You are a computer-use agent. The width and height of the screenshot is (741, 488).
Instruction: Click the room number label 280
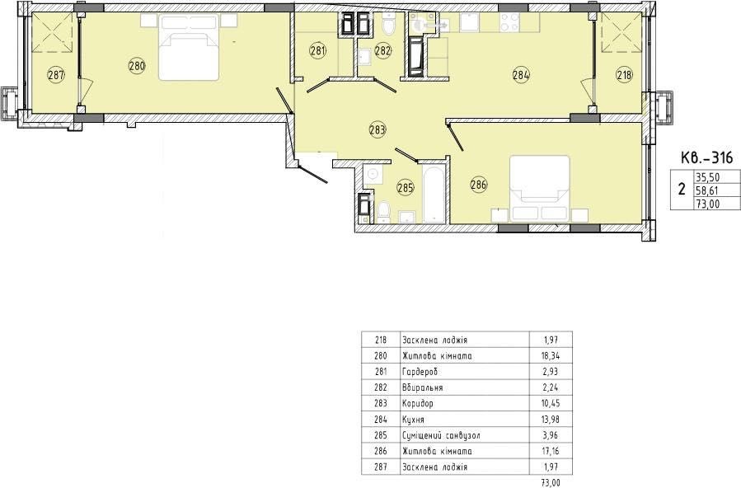coord(137,66)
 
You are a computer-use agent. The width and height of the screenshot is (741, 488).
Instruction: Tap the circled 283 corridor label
coord(378,129)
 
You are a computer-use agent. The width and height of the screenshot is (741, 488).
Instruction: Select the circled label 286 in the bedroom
coord(479,185)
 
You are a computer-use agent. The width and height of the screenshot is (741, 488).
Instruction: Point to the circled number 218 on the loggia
coord(624,74)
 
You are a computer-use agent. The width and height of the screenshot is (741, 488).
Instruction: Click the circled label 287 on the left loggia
coord(56,74)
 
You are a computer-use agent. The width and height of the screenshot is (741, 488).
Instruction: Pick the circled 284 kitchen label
coord(521,74)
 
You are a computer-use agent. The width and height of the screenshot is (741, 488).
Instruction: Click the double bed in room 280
coord(189,46)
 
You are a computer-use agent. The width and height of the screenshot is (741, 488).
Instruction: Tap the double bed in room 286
coord(540,188)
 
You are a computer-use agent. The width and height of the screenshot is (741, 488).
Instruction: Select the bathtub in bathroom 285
coord(434,194)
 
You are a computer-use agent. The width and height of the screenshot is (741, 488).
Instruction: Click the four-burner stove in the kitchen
coord(509,21)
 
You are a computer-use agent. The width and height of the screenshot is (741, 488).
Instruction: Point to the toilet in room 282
coord(388,25)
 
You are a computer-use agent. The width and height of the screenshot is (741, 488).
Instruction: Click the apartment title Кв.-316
coord(706,157)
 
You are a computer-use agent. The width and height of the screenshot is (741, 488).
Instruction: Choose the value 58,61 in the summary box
coord(706,191)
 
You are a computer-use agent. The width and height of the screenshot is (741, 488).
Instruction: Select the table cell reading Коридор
coord(418,403)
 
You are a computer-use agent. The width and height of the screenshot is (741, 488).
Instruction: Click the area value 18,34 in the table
coord(551,356)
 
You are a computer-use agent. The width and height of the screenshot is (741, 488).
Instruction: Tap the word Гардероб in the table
coord(420,372)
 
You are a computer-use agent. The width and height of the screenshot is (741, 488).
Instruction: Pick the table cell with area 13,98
coord(551,419)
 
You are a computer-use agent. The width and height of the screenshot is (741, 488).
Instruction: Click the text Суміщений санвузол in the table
coord(442,435)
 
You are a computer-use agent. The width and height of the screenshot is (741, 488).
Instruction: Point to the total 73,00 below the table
coord(551,483)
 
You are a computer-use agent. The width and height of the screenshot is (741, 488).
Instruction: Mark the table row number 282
coord(381,387)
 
